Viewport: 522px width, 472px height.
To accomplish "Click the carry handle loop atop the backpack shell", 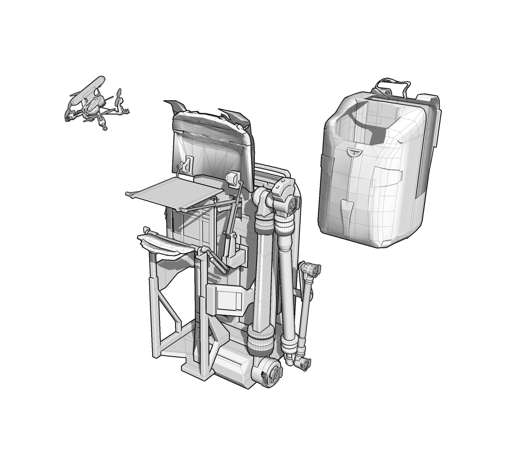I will click(392, 84).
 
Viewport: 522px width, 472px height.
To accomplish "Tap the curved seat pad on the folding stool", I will click(166, 244).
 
